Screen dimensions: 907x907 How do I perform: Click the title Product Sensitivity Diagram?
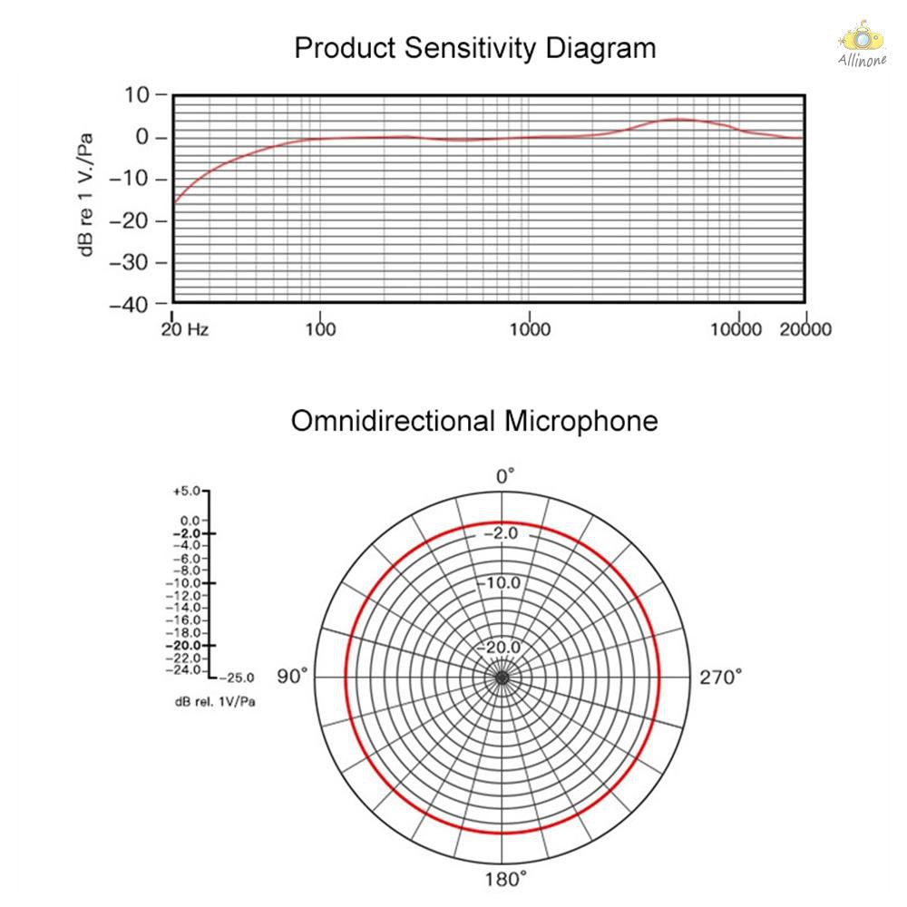(x=474, y=48)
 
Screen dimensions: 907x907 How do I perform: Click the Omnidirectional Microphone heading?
(x=474, y=422)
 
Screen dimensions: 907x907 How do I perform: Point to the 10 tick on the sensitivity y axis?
(x=141, y=95)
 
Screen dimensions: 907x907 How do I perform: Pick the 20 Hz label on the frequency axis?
(x=185, y=328)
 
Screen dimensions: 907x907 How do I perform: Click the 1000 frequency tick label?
(x=530, y=328)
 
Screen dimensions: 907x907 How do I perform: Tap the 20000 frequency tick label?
(x=805, y=328)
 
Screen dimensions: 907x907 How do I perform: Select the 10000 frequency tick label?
(x=736, y=328)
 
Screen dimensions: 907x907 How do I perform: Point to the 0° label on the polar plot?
(x=505, y=475)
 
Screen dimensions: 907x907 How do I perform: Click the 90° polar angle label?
(x=293, y=677)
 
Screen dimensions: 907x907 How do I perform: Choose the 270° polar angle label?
(x=720, y=677)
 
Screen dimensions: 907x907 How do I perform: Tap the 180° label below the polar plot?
(x=505, y=880)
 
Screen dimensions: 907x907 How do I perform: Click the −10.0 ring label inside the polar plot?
(x=501, y=582)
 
